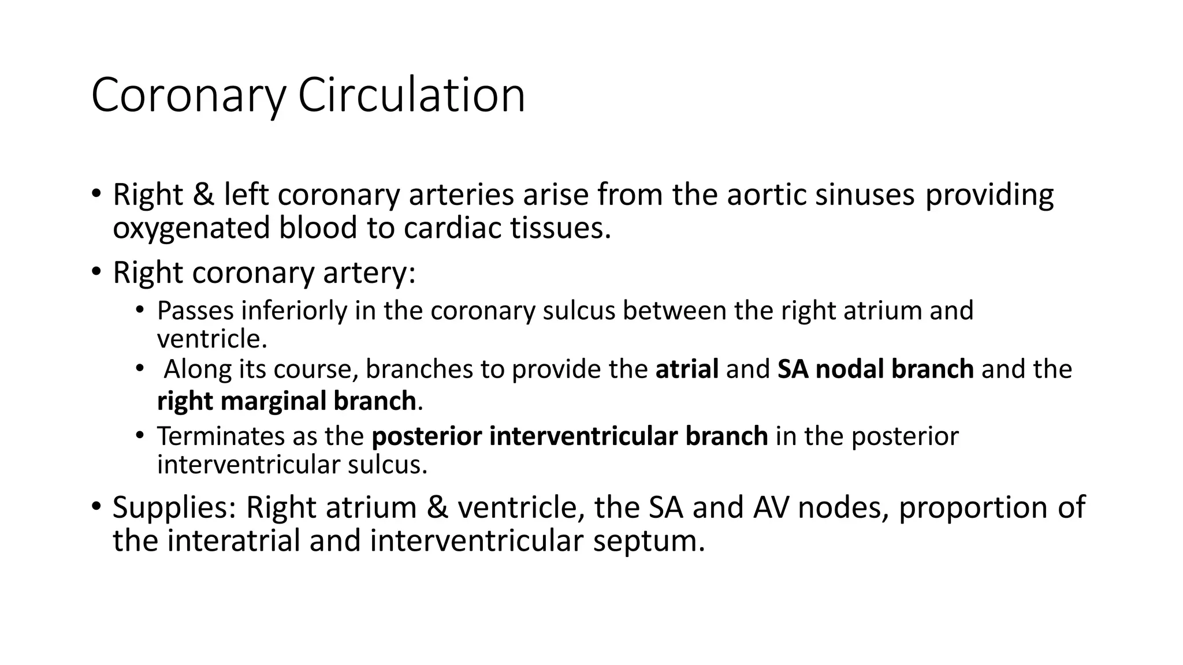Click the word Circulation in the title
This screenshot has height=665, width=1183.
[x=411, y=95]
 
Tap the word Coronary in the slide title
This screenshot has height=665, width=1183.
[x=188, y=95]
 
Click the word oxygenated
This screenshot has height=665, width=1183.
[x=191, y=228]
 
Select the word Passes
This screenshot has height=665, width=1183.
[x=195, y=311]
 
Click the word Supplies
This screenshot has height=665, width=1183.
[x=174, y=507]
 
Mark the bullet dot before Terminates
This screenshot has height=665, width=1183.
[x=139, y=435]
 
